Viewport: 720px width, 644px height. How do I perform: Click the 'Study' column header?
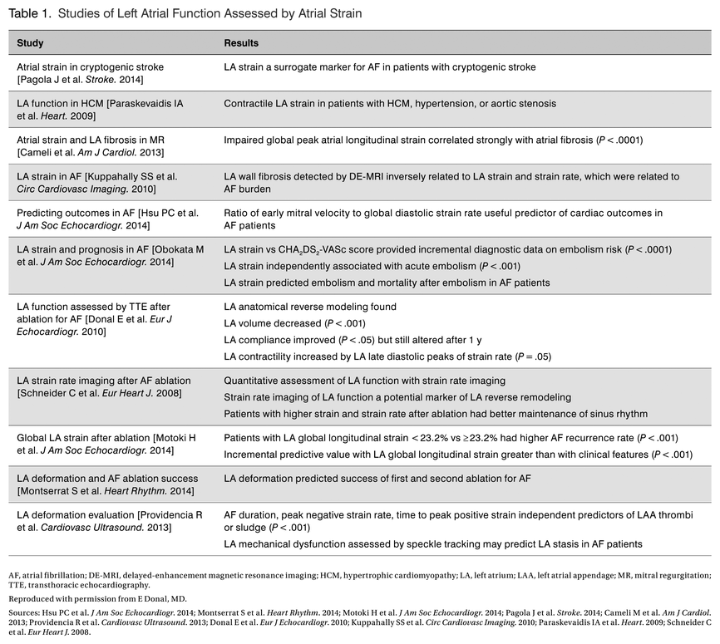click(31, 42)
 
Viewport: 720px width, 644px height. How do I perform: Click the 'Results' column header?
click(241, 42)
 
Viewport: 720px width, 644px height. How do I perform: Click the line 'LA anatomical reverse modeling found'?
click(310, 307)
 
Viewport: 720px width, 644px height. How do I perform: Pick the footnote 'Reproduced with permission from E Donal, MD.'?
click(97, 598)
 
